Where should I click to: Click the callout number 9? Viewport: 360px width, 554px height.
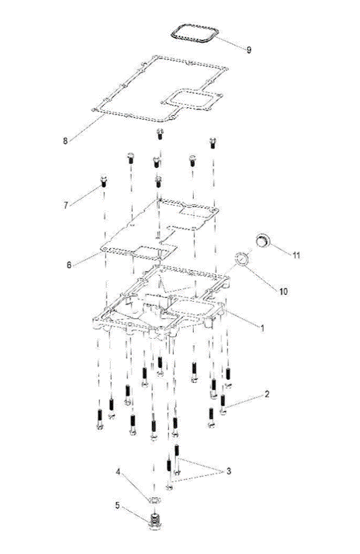pyautogui.click(x=249, y=49)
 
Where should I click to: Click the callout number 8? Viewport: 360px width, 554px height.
pyautogui.click(x=66, y=141)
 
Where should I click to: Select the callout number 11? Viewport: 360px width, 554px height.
pyautogui.click(x=296, y=255)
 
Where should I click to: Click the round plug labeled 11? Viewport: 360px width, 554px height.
pyautogui.click(x=263, y=240)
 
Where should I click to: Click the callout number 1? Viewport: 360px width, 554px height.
pyautogui.click(x=262, y=328)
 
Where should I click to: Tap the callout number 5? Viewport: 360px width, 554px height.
pyautogui.click(x=117, y=505)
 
